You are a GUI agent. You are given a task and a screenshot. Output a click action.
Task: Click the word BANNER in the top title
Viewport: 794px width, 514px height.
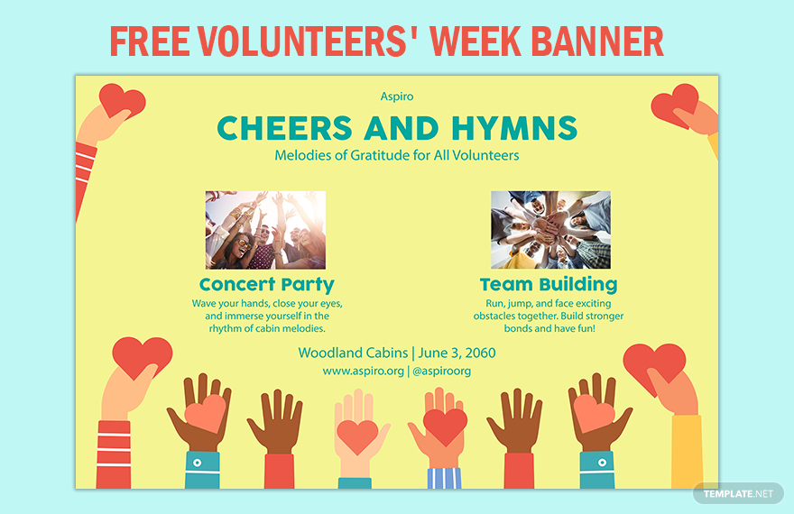click(597, 41)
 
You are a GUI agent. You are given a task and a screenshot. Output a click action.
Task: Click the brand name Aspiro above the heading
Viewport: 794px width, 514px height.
click(397, 96)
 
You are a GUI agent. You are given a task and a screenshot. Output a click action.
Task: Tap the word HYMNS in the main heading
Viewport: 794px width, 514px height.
click(514, 128)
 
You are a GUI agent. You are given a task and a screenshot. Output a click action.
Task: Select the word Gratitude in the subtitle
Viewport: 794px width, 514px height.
click(380, 155)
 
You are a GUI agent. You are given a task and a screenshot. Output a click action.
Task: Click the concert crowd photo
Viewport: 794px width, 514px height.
click(265, 230)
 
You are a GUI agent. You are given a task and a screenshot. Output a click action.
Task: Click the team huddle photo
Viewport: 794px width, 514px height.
click(550, 230)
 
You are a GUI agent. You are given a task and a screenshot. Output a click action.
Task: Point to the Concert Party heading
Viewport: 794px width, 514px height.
click(267, 285)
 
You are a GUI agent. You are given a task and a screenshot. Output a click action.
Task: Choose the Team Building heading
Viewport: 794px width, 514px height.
click(549, 285)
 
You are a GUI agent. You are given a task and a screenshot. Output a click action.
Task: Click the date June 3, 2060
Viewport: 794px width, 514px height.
click(457, 353)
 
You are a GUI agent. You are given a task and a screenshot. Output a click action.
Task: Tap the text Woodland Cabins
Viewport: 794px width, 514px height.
click(353, 353)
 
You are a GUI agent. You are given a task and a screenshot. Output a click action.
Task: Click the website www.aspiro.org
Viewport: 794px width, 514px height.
click(364, 371)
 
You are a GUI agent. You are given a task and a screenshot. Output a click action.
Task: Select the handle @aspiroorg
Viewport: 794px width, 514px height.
click(441, 372)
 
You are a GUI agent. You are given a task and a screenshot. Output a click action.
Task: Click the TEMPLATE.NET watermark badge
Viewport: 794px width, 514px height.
click(738, 493)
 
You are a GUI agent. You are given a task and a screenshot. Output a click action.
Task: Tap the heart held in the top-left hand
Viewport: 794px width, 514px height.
click(122, 101)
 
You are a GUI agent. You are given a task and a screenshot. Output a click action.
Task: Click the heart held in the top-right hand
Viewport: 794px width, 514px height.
click(675, 106)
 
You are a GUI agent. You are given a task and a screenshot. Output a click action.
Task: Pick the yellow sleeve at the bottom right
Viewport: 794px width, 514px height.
click(688, 452)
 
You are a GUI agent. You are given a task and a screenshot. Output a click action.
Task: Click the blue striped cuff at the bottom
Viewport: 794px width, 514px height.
click(444, 478)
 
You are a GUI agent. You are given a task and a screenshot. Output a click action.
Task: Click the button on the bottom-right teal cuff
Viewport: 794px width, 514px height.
click(602, 463)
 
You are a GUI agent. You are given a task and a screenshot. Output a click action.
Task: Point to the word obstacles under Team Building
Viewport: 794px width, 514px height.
click(494, 317)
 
